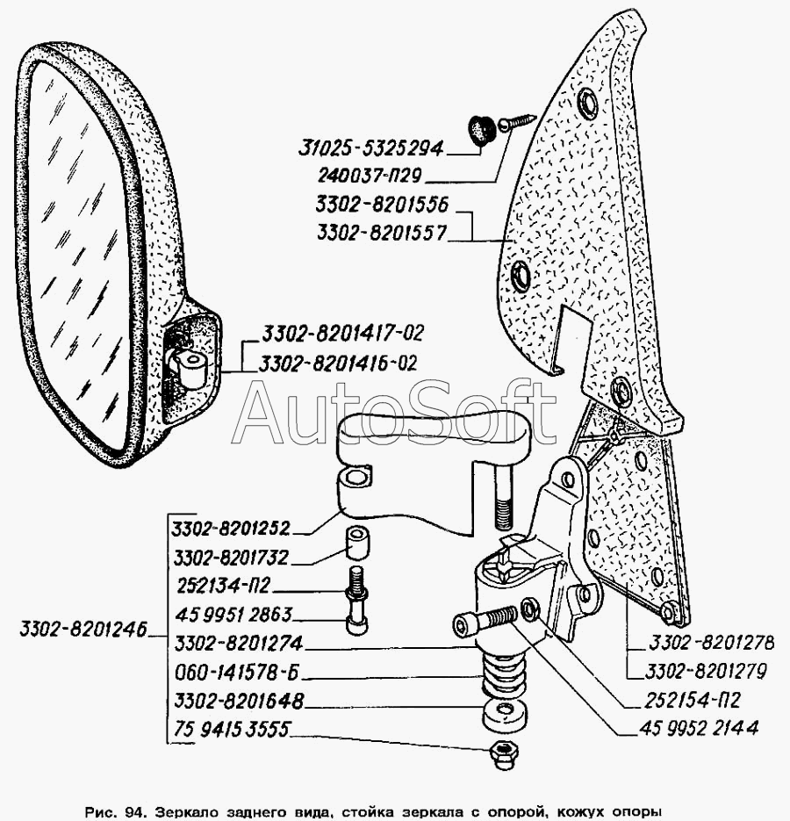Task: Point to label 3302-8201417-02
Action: (x=341, y=334)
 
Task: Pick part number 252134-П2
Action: (x=225, y=587)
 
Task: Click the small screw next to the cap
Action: (x=516, y=121)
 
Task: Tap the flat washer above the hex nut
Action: (x=503, y=713)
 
